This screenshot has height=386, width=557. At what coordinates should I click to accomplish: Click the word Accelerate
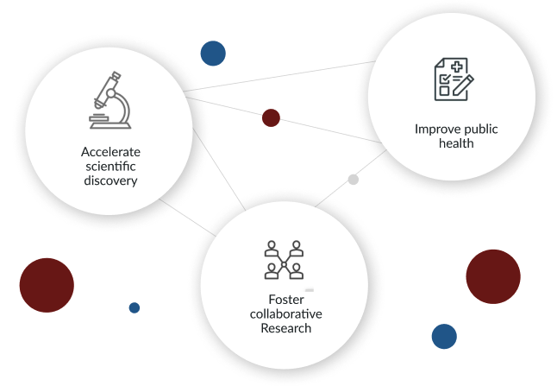(x=110, y=151)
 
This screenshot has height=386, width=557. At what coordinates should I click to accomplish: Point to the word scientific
(x=110, y=166)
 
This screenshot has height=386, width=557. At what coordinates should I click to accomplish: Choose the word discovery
(x=110, y=181)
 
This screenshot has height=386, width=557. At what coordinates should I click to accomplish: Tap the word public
(x=479, y=130)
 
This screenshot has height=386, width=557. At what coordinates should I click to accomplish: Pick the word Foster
(x=285, y=299)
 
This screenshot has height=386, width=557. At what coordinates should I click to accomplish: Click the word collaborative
(x=285, y=313)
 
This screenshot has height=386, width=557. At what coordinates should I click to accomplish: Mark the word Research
(x=285, y=329)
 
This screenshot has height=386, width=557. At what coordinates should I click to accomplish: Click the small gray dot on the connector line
(x=353, y=180)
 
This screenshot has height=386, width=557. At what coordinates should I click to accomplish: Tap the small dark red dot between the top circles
(x=271, y=118)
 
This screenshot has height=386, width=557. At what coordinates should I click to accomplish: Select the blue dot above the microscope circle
(x=213, y=54)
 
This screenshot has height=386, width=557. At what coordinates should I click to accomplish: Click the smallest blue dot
(x=134, y=307)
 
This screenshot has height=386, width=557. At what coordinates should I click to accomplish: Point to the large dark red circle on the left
(x=47, y=285)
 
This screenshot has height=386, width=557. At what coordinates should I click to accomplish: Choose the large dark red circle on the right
(x=493, y=276)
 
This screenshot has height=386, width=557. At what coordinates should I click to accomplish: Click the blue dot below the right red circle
(x=444, y=336)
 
